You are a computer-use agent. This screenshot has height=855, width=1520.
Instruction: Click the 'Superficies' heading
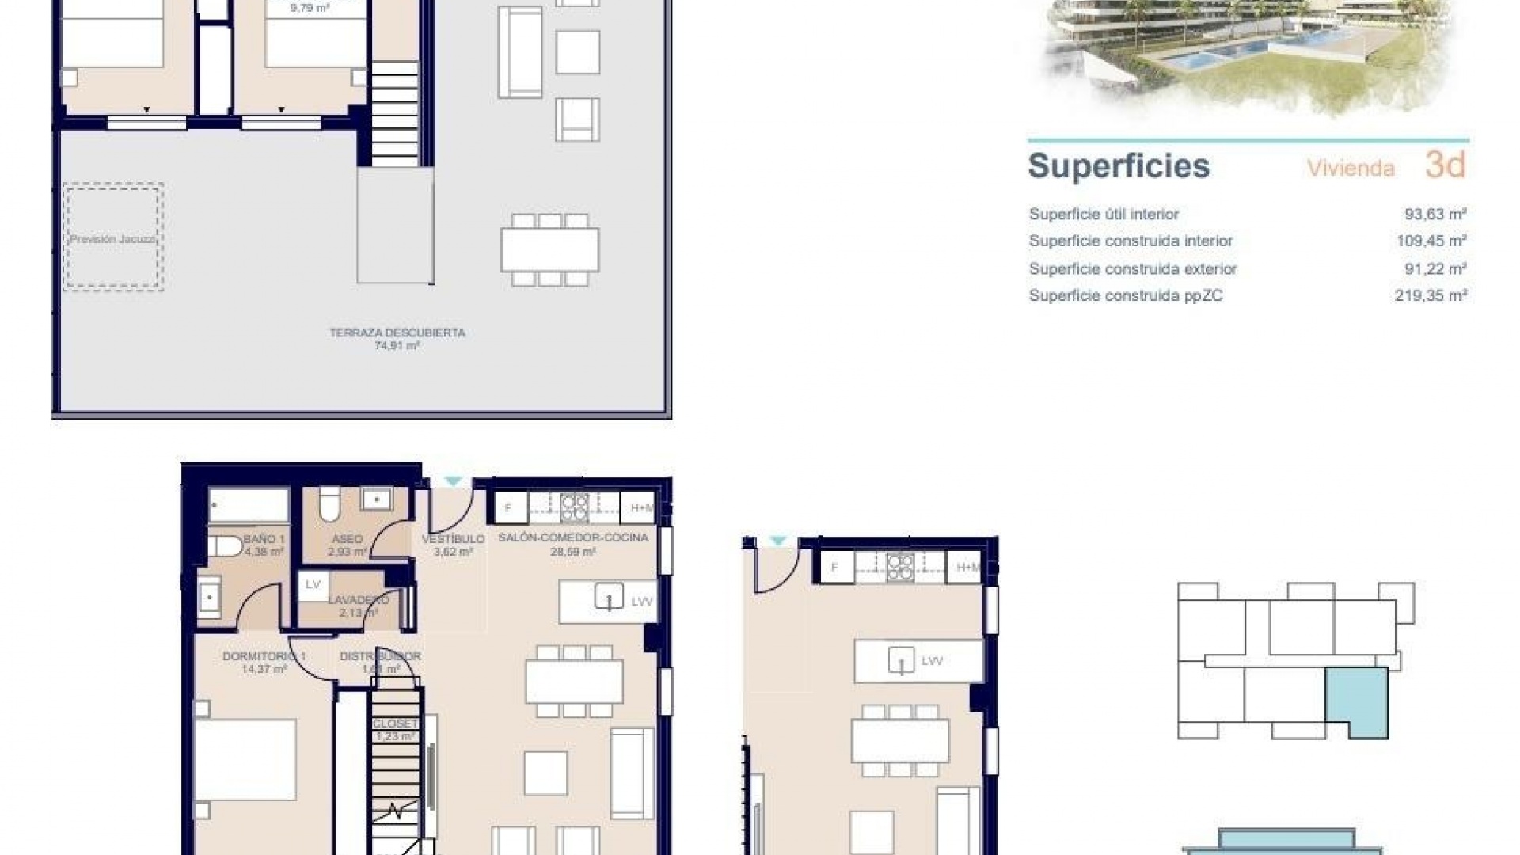[1118, 166]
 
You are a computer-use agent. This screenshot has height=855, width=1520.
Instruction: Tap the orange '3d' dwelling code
[1445, 165]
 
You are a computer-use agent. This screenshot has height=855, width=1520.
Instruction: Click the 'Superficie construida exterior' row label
[1132, 269]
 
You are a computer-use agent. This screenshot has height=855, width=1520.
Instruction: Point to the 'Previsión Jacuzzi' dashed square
[113, 237]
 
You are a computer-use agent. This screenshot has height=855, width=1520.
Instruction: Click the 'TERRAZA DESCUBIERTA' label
[397, 333]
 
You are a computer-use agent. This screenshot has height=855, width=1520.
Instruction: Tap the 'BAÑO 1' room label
[264, 539]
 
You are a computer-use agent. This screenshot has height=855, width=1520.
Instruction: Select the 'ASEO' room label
[348, 539]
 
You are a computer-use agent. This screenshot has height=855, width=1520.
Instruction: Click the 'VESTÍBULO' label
[453, 539]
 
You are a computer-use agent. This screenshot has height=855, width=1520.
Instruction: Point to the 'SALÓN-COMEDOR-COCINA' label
[572, 538]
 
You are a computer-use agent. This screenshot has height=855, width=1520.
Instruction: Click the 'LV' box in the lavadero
[313, 584]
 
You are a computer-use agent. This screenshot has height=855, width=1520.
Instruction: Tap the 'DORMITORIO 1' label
[264, 657]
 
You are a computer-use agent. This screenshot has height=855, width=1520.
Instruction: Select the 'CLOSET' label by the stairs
[394, 724]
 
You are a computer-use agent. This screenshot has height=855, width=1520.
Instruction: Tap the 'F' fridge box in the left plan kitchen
[509, 508]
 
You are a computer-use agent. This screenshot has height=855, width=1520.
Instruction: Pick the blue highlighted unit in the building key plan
[1357, 700]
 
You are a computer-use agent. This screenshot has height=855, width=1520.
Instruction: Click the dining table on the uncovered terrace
[549, 249]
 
